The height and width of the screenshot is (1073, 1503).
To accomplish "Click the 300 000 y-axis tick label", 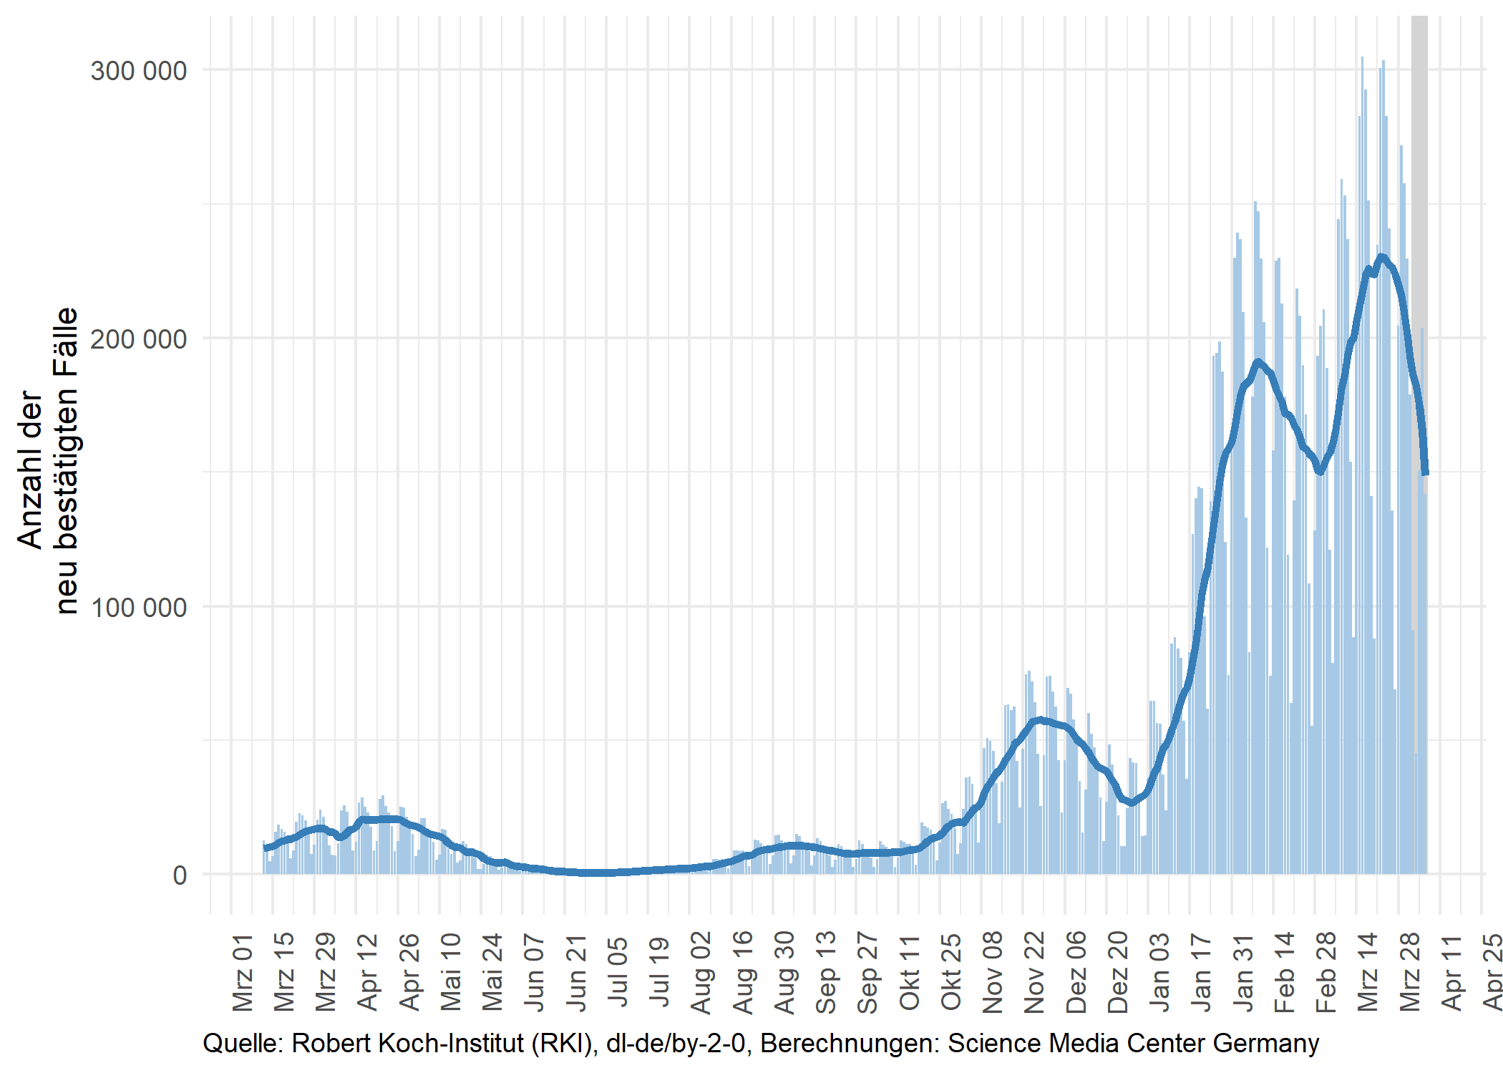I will (138, 71).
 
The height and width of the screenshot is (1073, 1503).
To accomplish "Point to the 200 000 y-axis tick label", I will (138, 339).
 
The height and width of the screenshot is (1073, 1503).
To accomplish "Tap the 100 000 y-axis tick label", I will (138, 607).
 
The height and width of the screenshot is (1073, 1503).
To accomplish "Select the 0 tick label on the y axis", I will (180, 875).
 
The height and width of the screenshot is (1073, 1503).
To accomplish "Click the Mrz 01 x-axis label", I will (243, 971).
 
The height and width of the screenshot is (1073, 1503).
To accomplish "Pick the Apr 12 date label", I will (368, 971).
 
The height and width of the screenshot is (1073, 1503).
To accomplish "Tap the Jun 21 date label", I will (577, 971).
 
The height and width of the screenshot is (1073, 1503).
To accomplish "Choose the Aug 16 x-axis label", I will (744, 971).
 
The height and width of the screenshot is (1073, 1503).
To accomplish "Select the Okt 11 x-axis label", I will (910, 971).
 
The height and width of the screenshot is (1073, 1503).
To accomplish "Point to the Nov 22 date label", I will (1035, 971).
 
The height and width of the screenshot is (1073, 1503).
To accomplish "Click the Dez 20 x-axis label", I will (1118, 971).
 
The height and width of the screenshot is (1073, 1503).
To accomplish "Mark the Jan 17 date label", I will (1202, 971).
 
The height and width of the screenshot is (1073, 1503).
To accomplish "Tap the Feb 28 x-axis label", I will (1326, 971).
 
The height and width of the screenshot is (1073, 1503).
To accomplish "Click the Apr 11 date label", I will (1451, 971).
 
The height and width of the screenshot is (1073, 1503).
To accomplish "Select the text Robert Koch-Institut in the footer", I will (408, 1044).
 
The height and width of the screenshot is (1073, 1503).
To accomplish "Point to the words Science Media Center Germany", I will (1133, 1044).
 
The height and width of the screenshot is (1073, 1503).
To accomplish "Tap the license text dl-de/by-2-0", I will (676, 1044).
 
